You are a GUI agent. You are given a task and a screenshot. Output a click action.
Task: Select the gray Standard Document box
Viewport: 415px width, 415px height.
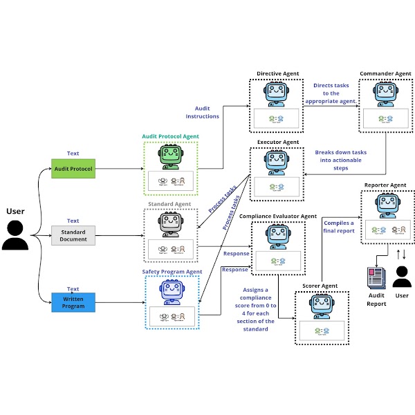point(73,235)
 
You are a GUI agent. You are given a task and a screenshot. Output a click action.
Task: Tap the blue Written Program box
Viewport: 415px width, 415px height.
point(73,302)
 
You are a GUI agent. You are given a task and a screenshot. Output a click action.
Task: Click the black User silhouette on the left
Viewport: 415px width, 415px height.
point(15,234)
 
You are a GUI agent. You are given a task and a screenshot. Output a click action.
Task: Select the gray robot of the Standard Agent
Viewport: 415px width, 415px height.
point(171,225)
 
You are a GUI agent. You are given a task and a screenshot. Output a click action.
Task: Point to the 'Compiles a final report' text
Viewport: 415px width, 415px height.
point(338,228)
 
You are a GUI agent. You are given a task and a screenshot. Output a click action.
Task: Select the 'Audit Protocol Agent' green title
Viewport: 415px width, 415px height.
point(171,136)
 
